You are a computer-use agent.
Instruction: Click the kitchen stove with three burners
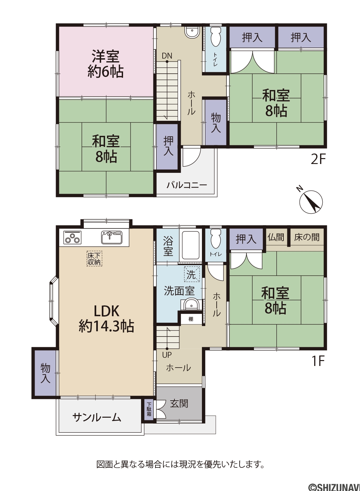pyautogui.click(x=72, y=237)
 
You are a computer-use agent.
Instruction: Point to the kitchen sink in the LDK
pyautogui.click(x=112, y=237)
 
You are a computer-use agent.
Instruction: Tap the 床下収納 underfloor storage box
pyautogui.click(x=95, y=259)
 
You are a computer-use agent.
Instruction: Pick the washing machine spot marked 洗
pyautogui.click(x=192, y=274)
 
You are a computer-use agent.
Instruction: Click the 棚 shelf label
pyautogui.click(x=191, y=319)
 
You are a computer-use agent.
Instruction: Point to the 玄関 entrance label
pyautogui.click(x=179, y=404)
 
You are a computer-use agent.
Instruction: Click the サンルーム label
pyautogui.click(x=97, y=418)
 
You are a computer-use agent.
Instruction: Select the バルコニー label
pyautogui.click(x=187, y=186)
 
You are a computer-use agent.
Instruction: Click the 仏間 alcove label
pyautogui.click(x=276, y=237)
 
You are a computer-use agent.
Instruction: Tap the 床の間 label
pyautogui.click(x=307, y=237)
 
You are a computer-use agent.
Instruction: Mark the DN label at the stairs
pyautogui.click(x=167, y=56)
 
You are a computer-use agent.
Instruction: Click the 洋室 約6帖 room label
pyautogui.click(x=106, y=64)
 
